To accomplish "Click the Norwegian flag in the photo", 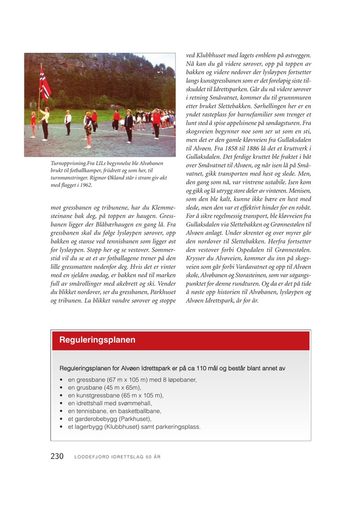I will [45, 85].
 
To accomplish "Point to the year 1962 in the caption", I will [85, 184].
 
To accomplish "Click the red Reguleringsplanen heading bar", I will [180, 340].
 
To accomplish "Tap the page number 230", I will [57, 456].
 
